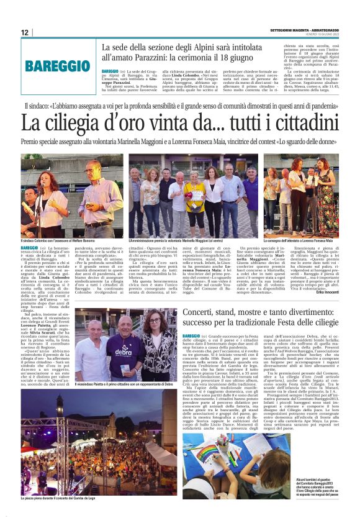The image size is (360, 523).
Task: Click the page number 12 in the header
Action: click(x=25, y=33)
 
